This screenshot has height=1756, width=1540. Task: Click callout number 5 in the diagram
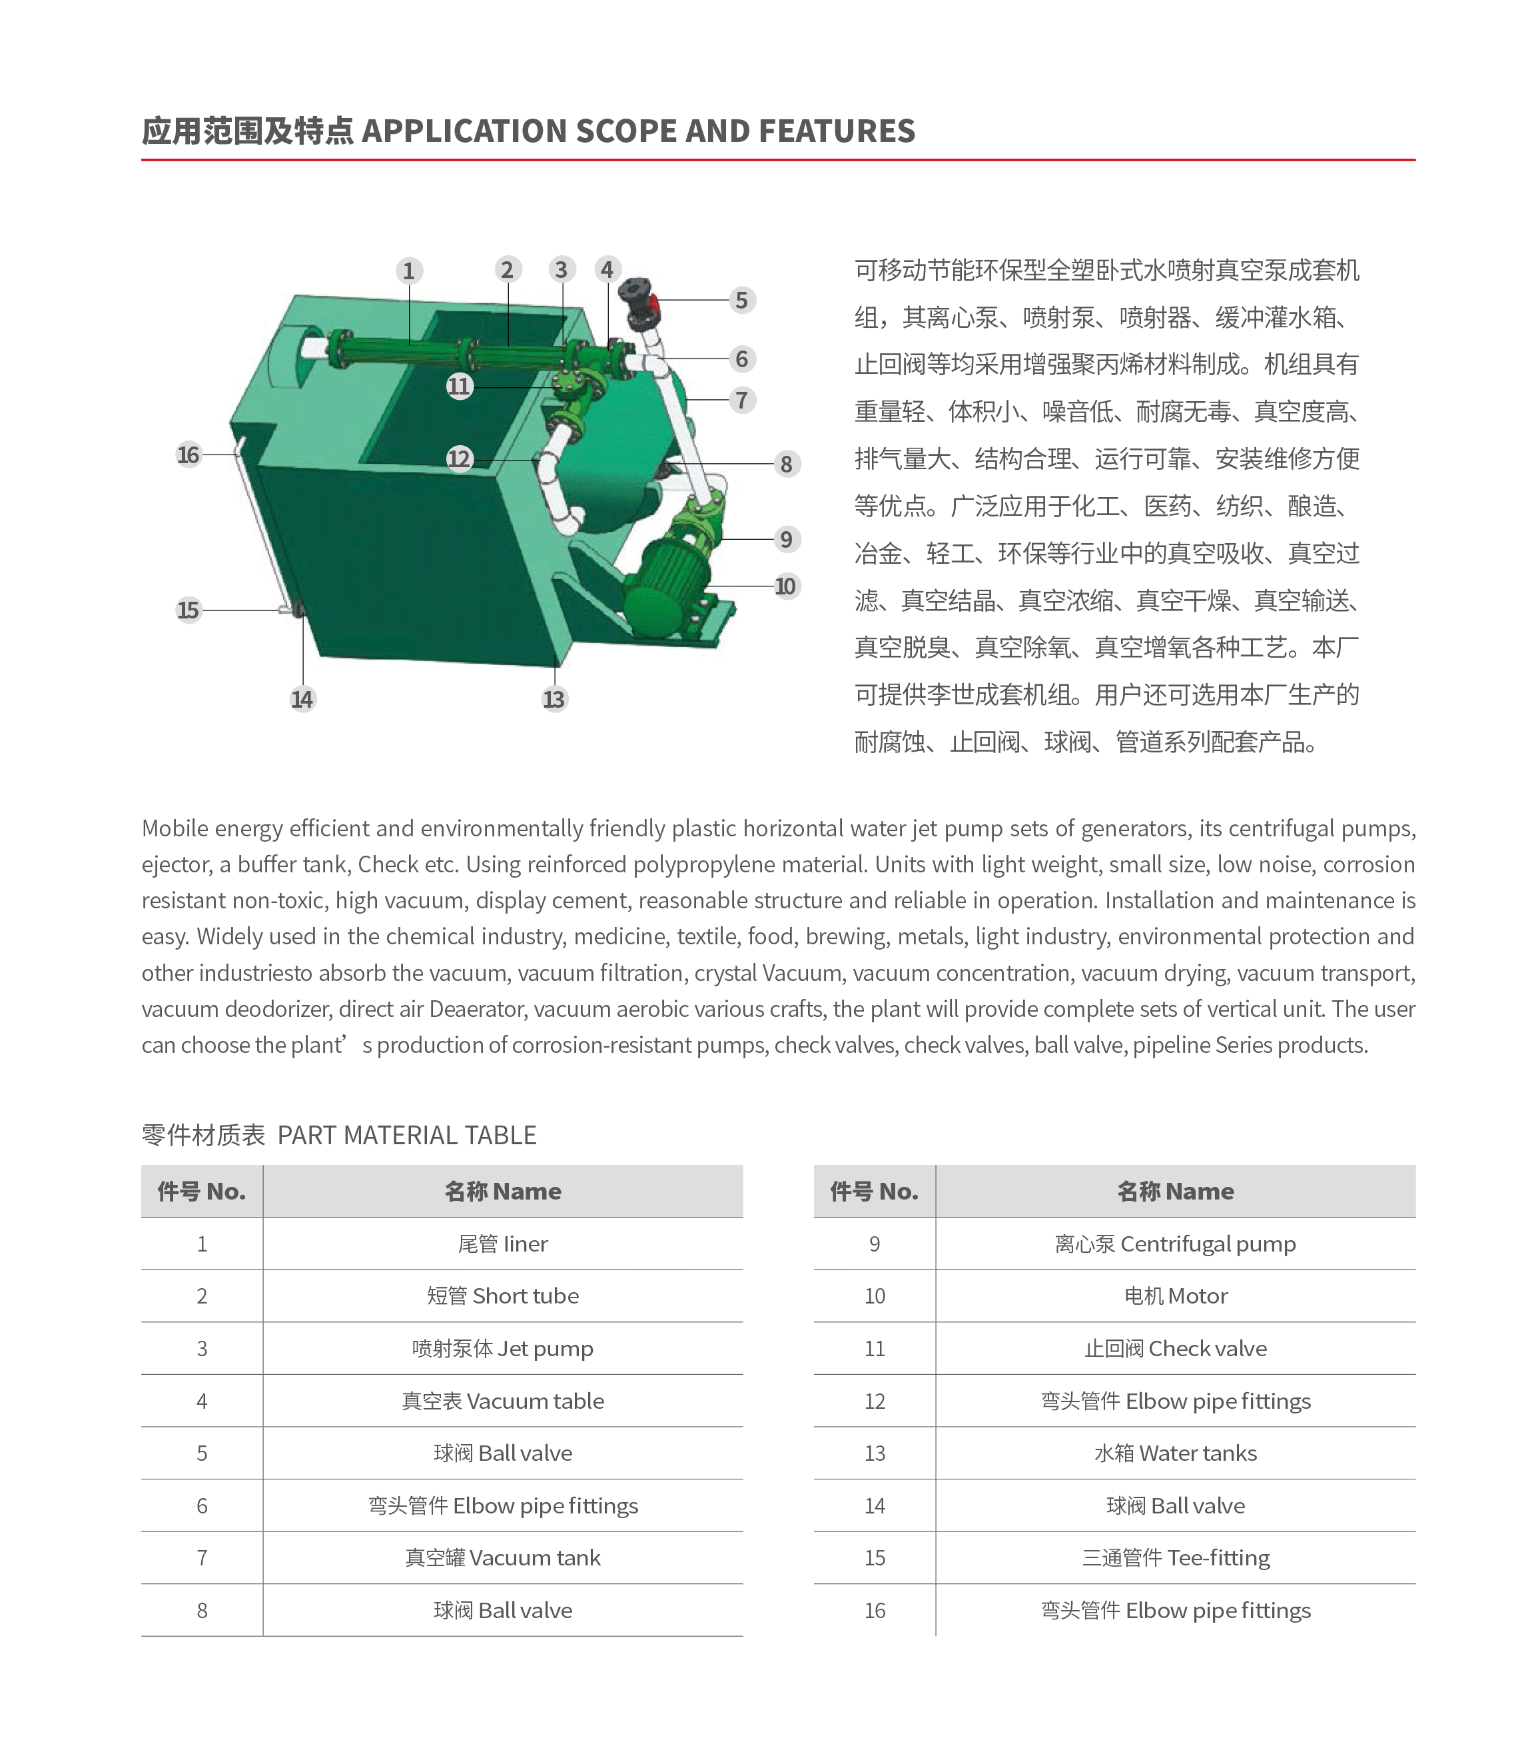[741, 300]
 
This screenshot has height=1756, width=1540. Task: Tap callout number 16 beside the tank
[188, 454]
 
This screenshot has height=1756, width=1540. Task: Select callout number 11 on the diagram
[460, 386]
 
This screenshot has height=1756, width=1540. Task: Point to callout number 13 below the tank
[554, 698]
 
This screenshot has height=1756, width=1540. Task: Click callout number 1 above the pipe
[409, 271]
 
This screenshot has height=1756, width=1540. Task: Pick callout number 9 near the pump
[785, 540]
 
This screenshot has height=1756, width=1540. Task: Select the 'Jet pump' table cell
[502, 1348]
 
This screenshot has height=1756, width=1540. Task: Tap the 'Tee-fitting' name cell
[1175, 1557]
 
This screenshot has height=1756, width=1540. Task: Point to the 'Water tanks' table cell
[1175, 1453]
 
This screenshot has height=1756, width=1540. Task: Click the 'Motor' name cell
[1175, 1296]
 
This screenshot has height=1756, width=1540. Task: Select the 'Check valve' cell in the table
[1175, 1348]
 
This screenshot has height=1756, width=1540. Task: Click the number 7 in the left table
[202, 1557]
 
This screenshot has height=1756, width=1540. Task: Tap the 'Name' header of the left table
[502, 1191]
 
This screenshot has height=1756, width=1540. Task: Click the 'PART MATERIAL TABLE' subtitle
[406, 1135]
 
